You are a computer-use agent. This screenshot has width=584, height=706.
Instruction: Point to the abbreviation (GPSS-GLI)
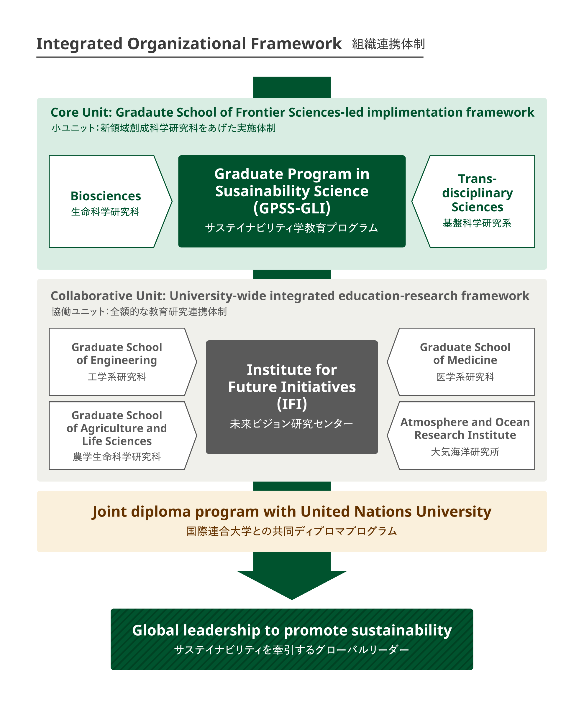point(292,208)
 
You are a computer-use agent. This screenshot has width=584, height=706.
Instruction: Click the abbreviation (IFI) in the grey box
point(292,404)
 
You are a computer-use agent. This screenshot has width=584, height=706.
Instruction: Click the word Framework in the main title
point(296,44)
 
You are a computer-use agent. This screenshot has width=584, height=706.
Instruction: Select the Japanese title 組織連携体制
point(388,44)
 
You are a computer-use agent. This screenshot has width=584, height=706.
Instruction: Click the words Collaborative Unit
point(108,296)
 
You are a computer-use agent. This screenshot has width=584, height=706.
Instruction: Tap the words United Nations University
point(396,512)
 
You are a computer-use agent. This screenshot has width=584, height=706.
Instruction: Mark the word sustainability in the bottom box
point(402,630)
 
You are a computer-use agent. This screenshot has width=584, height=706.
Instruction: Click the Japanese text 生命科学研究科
point(105,212)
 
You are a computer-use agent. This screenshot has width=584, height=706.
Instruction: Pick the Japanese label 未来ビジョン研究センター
point(292,424)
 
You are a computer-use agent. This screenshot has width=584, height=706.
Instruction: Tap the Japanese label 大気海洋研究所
point(465,452)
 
